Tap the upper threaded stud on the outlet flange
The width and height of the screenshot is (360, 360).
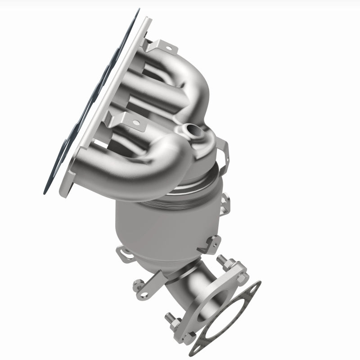coord(222,261)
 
